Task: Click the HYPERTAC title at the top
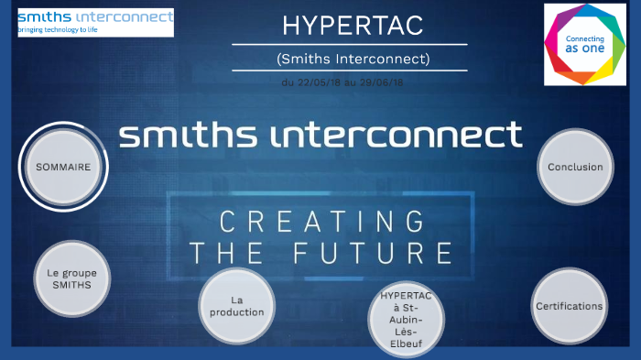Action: tap(352, 26)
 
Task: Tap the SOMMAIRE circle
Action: tap(63, 168)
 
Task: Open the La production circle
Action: tap(236, 306)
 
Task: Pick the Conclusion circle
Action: tap(575, 167)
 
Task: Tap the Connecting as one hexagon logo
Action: tap(584, 45)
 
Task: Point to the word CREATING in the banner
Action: tap(320, 221)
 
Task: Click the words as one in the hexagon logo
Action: tap(584, 52)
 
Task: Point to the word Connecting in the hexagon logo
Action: tap(584, 40)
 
